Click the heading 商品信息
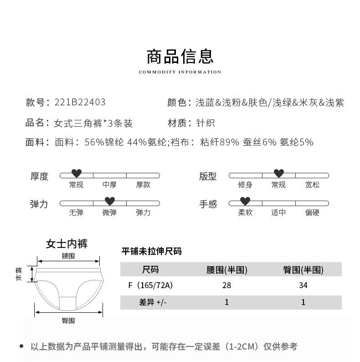(180, 57)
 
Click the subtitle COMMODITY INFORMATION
(180, 72)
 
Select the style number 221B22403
(80, 103)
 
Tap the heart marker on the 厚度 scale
(77, 173)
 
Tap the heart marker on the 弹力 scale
(109, 201)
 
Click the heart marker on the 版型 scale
(278, 173)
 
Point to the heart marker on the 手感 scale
(245, 201)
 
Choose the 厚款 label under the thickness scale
(143, 185)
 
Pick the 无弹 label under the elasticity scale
(76, 212)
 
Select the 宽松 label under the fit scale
(312, 185)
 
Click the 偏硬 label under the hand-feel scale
(312, 212)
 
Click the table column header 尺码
(150, 270)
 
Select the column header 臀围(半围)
(303, 270)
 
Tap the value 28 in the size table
(226, 286)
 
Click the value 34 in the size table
(303, 286)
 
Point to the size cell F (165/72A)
(151, 286)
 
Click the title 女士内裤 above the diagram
(67, 244)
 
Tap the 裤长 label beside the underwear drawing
(19, 274)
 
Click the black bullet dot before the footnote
(22, 346)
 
